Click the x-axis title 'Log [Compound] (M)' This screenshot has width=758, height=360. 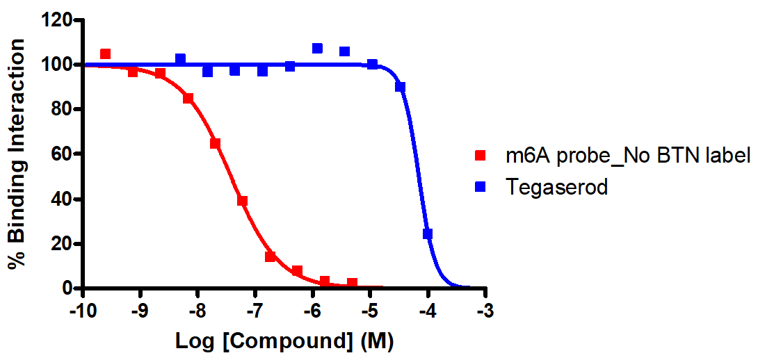[285, 341]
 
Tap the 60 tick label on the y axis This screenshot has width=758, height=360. [62, 154]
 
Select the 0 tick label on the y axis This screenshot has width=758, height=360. [67, 288]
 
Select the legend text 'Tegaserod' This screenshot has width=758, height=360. [557, 186]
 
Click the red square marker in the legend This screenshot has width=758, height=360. [480, 156]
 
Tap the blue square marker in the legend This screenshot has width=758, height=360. [480, 186]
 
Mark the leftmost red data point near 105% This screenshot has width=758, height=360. [105, 54]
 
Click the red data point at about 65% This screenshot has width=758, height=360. [215, 143]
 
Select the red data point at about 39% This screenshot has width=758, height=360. [242, 201]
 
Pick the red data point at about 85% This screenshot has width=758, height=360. [188, 98]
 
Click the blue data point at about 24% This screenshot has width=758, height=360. [428, 234]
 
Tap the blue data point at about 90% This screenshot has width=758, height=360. [400, 87]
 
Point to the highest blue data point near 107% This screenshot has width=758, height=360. [317, 49]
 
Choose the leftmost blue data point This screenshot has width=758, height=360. [180, 59]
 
